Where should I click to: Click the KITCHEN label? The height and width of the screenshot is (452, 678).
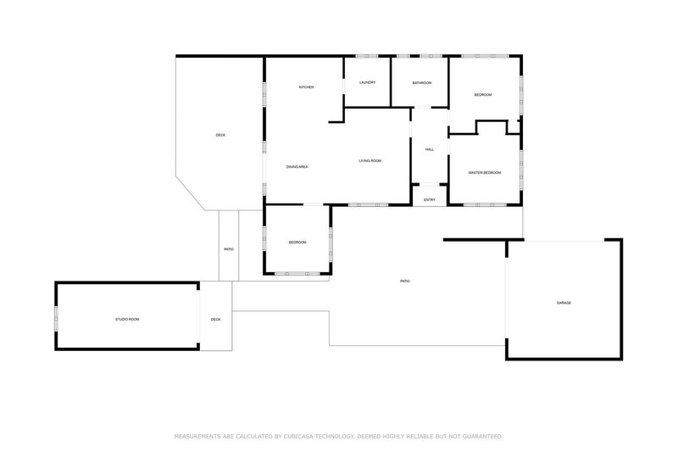(x=306, y=88)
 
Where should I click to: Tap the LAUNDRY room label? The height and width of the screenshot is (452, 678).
(x=367, y=82)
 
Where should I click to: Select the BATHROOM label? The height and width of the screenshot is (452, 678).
(x=422, y=82)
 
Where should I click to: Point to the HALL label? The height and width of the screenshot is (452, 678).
(x=430, y=149)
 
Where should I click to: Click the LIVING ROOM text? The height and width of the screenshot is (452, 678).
(x=370, y=160)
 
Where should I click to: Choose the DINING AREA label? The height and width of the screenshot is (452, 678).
(x=297, y=167)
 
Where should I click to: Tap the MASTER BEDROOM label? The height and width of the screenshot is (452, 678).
(x=485, y=173)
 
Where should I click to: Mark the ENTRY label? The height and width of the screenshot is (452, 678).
(x=430, y=200)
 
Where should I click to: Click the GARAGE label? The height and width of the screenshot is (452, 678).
(x=564, y=303)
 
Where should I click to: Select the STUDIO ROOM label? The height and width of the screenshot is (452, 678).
(x=127, y=319)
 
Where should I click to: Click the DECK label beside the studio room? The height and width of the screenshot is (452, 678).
(x=216, y=319)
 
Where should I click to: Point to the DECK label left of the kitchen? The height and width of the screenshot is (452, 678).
(x=220, y=136)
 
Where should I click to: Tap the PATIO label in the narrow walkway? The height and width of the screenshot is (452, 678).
(x=229, y=249)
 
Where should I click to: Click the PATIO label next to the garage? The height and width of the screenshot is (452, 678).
(x=405, y=281)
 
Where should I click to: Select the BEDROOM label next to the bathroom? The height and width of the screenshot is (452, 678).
(x=483, y=94)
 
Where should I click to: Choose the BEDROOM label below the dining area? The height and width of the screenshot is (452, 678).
(x=297, y=243)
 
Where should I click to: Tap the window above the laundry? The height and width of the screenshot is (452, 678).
(x=367, y=57)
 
